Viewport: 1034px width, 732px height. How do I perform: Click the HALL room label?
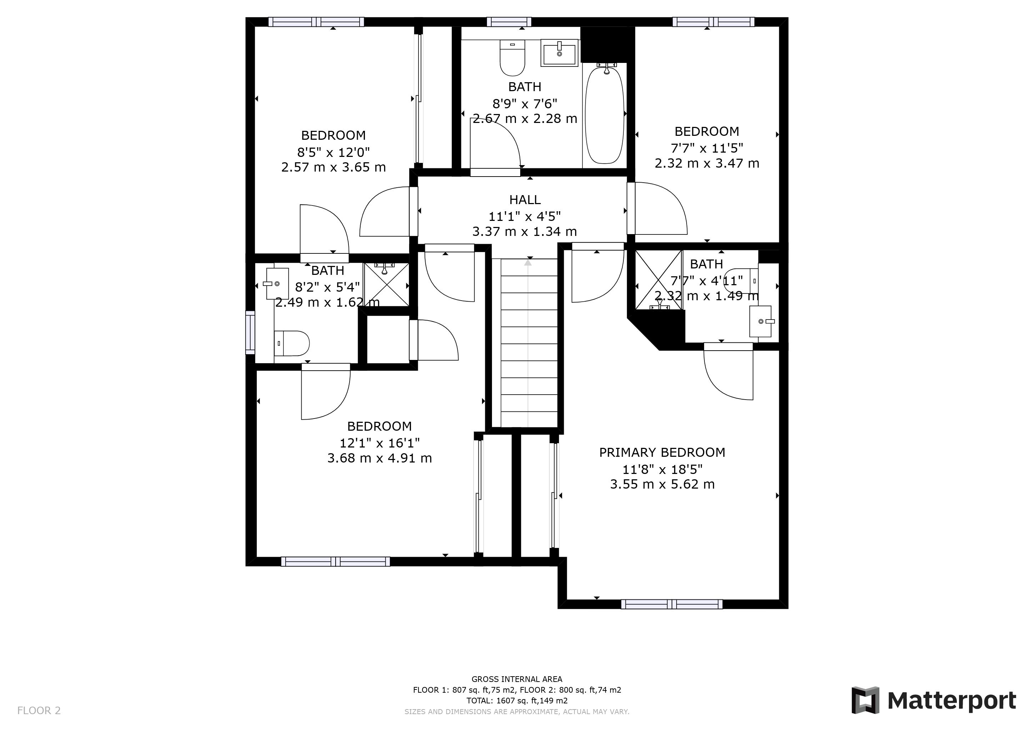click(524, 200)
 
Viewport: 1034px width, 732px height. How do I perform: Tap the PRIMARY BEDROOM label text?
click(662, 452)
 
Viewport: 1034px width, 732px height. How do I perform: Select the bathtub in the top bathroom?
click(604, 115)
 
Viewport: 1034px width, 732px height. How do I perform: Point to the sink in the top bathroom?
click(559, 53)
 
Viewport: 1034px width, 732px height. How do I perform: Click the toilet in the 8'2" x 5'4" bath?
click(292, 343)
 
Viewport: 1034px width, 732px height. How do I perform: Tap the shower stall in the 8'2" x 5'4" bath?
click(386, 285)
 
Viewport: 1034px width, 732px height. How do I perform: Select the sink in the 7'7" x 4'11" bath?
click(760, 321)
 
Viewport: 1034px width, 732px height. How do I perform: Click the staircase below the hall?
click(529, 342)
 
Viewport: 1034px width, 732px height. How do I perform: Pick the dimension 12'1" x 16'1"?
click(379, 443)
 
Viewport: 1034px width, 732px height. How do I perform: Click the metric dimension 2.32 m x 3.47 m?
click(707, 163)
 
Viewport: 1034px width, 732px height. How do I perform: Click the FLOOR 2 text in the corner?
click(39, 711)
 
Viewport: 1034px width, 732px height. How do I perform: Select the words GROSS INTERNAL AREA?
click(517, 679)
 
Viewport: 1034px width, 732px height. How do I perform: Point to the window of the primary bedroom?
click(672, 604)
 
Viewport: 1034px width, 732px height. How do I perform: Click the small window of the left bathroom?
click(250, 332)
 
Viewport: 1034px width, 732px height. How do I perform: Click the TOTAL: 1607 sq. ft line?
click(517, 701)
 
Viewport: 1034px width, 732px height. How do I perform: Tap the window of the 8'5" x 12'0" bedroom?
click(316, 22)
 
